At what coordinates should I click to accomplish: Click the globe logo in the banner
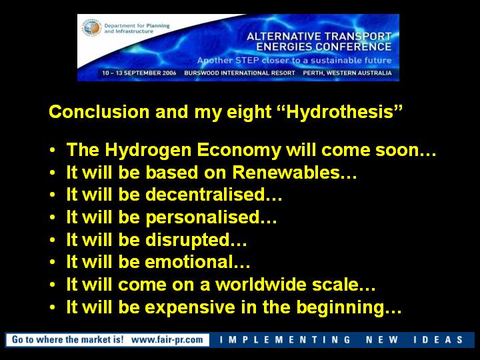(91, 28)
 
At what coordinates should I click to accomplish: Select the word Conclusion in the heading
(99, 111)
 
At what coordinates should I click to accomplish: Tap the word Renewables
(286, 173)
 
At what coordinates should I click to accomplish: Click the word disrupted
(187, 240)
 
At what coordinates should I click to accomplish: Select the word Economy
(239, 150)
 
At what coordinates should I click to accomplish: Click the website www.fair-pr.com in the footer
(167, 339)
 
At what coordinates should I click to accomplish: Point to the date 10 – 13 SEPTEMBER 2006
(139, 73)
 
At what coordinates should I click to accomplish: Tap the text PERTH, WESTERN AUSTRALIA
(347, 73)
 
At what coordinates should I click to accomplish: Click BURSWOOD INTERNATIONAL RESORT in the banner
(239, 73)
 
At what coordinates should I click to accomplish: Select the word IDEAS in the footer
(438, 339)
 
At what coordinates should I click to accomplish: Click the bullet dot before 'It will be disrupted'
(53, 240)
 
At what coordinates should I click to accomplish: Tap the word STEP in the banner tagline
(247, 60)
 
